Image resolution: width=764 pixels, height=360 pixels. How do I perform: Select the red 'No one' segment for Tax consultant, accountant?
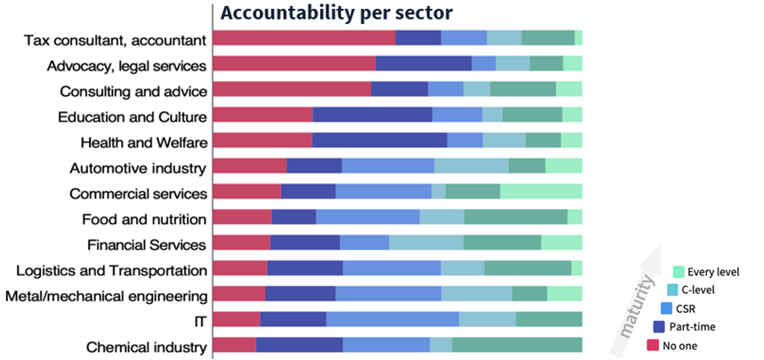coord(304,37)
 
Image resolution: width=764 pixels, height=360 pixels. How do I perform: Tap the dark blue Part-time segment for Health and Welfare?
coord(379,141)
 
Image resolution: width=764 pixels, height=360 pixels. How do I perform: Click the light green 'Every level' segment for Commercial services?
coord(541,193)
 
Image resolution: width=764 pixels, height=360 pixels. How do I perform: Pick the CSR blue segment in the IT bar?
coord(392,320)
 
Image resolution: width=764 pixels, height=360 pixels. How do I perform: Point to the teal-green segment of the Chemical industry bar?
coord(517,346)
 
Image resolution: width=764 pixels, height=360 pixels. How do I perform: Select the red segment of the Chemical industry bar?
coord(235,346)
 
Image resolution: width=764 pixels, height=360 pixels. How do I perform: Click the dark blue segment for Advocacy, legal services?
coord(423,63)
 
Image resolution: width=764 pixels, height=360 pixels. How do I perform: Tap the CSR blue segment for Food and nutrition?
coord(367,218)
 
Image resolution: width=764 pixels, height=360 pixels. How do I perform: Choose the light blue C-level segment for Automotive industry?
coord(470,166)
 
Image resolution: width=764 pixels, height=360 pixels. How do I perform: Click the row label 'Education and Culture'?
coord(133,116)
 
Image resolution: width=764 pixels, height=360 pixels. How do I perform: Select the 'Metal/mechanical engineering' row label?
coord(107,296)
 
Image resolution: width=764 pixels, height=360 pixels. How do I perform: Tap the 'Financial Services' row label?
coord(147,244)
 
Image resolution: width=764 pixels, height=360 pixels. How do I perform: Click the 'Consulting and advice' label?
coord(133,92)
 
